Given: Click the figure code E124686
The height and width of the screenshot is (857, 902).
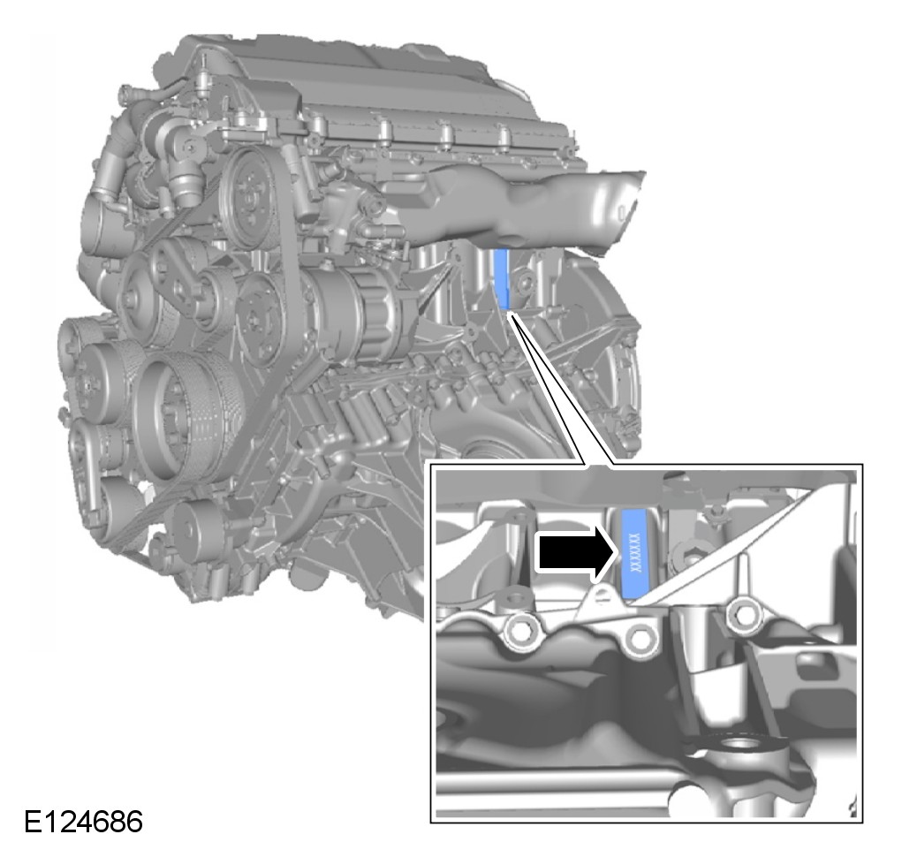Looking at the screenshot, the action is [83, 822].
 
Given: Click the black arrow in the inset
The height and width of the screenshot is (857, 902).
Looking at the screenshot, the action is [577, 553].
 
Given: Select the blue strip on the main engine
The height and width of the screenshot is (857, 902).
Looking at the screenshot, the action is [502, 279].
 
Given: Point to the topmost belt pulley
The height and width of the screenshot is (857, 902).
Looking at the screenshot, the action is [250, 195].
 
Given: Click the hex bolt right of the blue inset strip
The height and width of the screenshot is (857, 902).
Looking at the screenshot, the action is [692, 557].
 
